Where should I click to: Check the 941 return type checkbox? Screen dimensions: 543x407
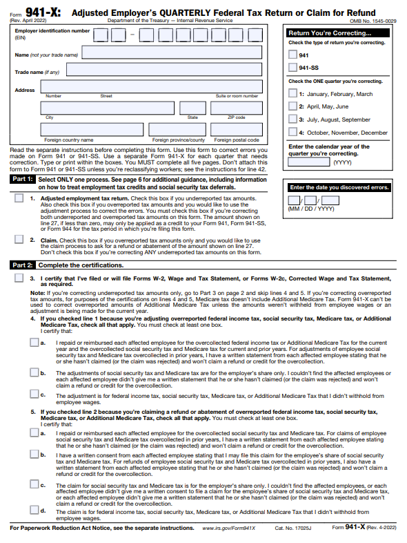coord(292,55)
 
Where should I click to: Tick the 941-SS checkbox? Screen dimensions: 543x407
coord(292,67)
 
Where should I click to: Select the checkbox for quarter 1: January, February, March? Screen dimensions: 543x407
coord(292,93)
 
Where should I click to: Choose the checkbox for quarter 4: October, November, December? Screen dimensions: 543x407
coord(292,132)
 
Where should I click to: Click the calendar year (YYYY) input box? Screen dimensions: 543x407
coord(308,163)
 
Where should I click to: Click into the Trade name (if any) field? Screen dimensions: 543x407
coord(163,70)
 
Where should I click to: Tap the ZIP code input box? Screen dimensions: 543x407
coord(236,108)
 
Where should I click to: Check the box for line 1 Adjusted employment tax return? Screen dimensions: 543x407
coord(19,198)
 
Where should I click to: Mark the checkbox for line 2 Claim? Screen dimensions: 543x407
coord(19,240)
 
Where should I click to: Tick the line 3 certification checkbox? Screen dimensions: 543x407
coord(19,278)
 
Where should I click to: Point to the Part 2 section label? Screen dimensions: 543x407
coord(23,265)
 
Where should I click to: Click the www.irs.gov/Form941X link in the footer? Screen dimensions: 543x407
coord(228,528)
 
